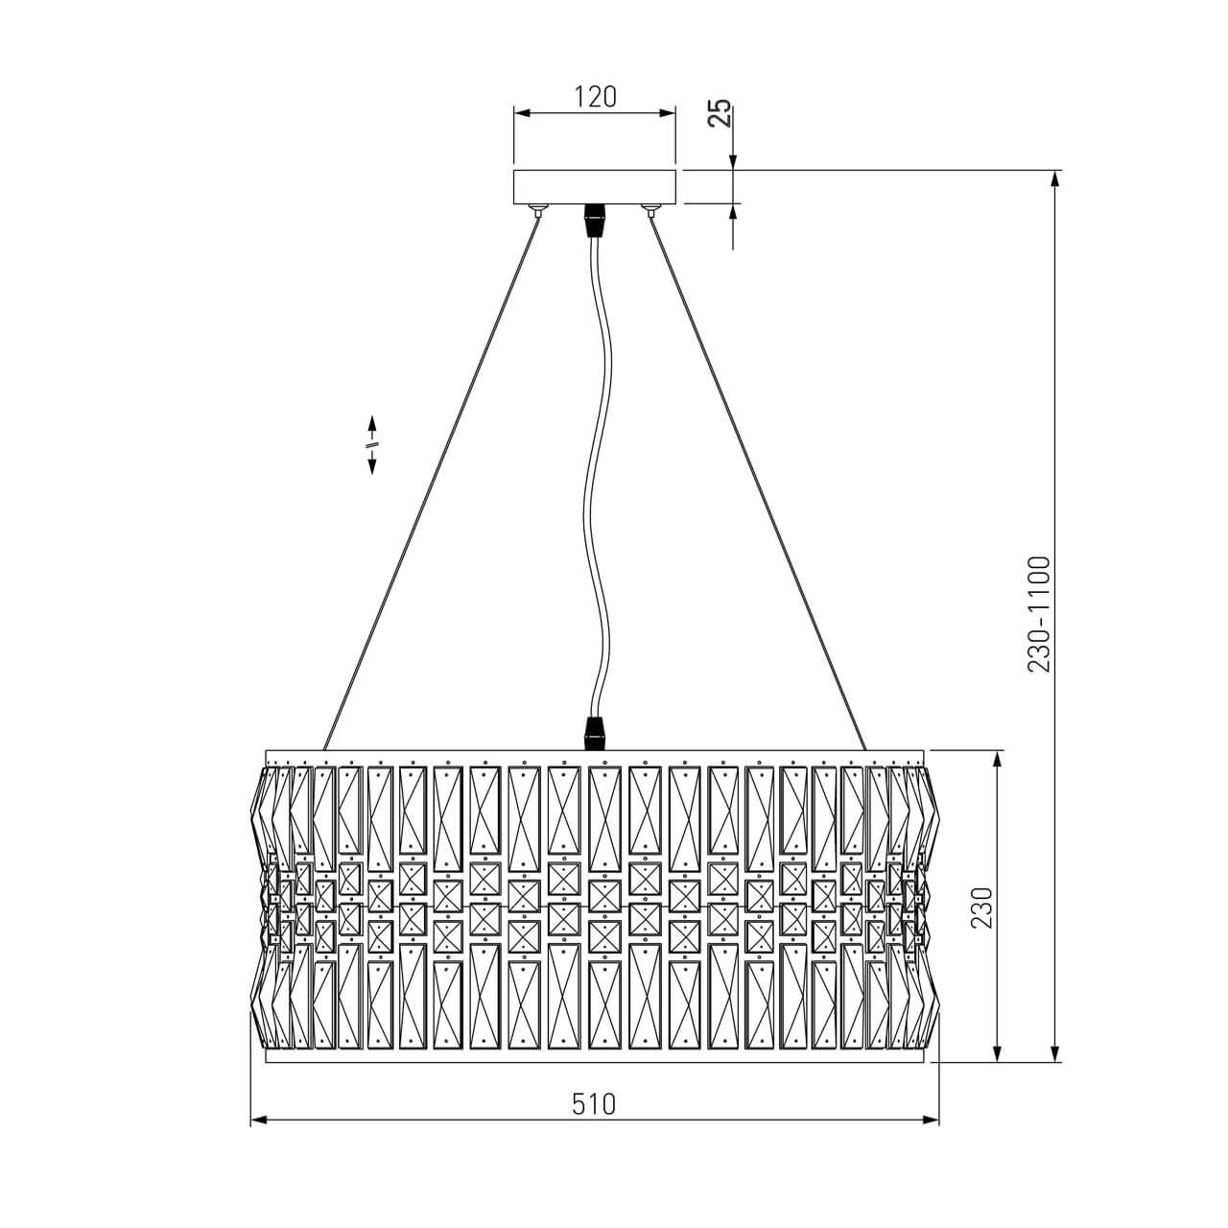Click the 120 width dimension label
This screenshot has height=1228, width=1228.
pyautogui.click(x=595, y=97)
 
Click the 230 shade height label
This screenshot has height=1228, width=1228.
pyautogui.click(x=982, y=908)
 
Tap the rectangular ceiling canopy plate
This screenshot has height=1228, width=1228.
pyautogui.click(x=595, y=187)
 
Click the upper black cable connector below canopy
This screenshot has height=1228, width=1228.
pyautogui.click(x=595, y=221)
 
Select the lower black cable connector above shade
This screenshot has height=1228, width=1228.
pyautogui.click(x=595, y=733)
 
